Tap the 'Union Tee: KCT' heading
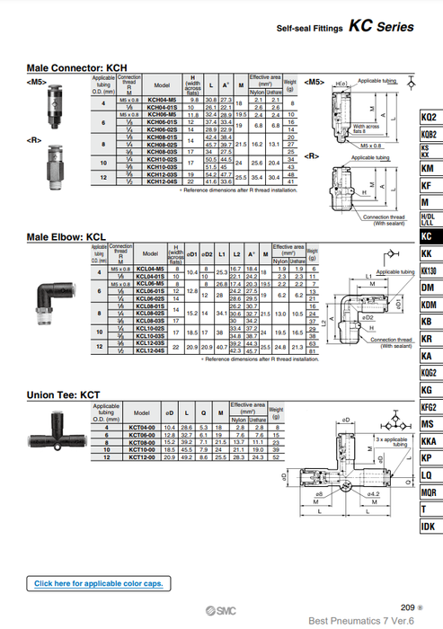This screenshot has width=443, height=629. coord(63,394)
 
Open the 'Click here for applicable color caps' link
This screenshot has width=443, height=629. coord(99,583)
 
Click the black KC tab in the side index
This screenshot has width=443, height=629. coord(428,236)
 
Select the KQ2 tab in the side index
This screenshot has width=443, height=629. coord(428,117)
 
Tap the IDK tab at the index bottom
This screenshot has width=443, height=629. coord(428,526)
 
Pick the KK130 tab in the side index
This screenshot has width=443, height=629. coord(428,270)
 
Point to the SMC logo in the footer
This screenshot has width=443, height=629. coord(214,609)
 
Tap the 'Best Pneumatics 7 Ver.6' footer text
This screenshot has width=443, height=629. coord(360,620)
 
